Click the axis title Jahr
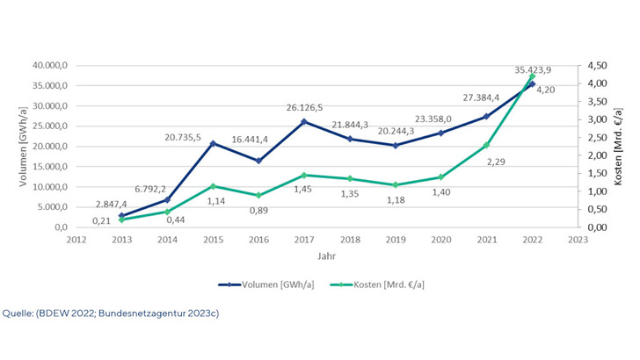[324, 256]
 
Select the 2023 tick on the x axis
[578, 237]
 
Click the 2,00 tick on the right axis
[599, 155]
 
